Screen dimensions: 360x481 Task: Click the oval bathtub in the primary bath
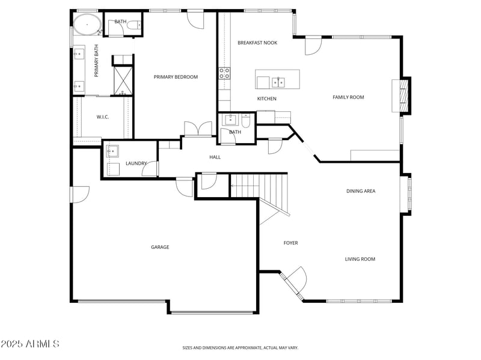pyautogui.click(x=87, y=25)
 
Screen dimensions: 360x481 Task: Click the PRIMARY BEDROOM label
pyautogui.click(x=176, y=77)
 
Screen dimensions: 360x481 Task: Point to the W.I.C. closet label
pyautogui.click(x=103, y=117)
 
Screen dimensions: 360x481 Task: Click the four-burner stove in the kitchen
pyautogui.click(x=224, y=73)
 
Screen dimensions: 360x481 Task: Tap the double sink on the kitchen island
pyautogui.click(x=278, y=81)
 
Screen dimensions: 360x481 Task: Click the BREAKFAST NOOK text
pyautogui.click(x=257, y=43)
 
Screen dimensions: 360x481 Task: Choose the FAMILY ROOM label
pyautogui.click(x=348, y=97)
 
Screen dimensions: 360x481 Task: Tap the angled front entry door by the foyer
pyautogui.click(x=295, y=281)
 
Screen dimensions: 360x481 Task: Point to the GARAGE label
pyautogui.click(x=160, y=247)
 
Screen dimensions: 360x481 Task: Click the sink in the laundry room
pyautogui.click(x=112, y=151)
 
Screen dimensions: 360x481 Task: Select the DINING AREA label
pyautogui.click(x=361, y=191)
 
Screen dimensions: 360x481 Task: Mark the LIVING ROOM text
pyautogui.click(x=360, y=259)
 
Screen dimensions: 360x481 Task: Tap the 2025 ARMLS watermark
pyautogui.click(x=30, y=344)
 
